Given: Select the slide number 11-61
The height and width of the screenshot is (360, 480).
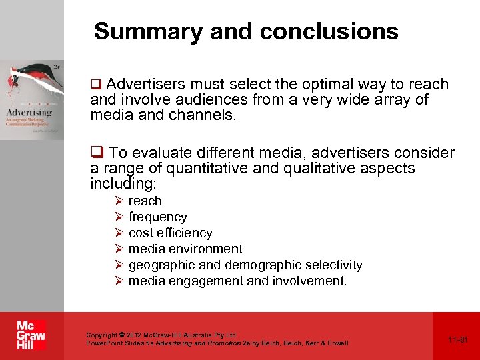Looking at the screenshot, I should tap(458, 339).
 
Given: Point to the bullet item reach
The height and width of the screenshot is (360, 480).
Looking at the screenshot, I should tap(145, 201).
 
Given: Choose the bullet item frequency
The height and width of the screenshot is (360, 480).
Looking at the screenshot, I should tap(157, 217).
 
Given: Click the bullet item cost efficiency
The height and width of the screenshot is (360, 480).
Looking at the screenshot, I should tap(170, 233).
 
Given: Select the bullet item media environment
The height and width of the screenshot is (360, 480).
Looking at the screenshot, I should tap(185, 249).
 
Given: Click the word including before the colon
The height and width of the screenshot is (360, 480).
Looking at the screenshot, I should tap(121, 183).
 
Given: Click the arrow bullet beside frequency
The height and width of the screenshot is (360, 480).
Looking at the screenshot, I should tap(118, 217).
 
